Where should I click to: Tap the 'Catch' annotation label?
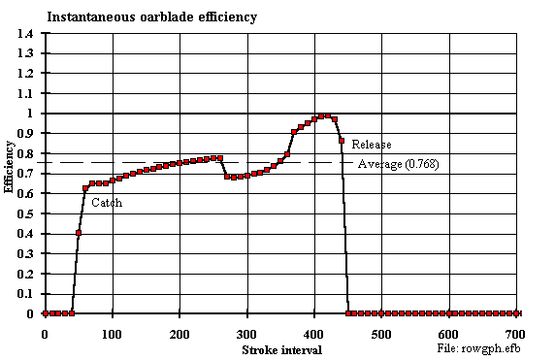107,204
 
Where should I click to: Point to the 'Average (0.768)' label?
398,164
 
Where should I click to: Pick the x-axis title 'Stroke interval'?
281,348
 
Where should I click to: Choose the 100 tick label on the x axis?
113,333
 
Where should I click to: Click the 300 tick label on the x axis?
247,333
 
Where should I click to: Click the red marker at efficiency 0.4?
79,233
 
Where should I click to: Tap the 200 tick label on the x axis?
180,333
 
